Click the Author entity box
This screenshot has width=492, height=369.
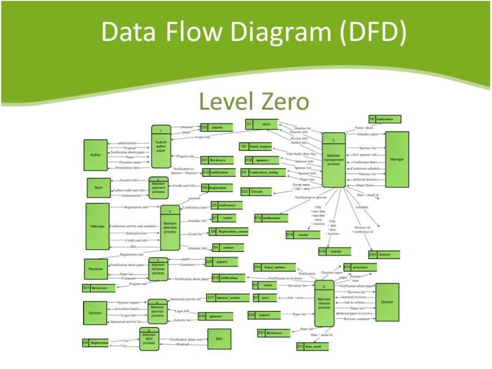pyautogui.click(x=95, y=155)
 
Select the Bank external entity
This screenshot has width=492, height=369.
pyautogui.click(x=98, y=187)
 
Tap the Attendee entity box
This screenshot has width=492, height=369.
pyautogui.click(x=97, y=226)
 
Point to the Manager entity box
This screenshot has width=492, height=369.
pyautogui.click(x=396, y=159)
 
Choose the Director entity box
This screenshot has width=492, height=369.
pyautogui.click(x=387, y=302)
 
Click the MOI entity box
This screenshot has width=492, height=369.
pyautogui.click(x=219, y=339)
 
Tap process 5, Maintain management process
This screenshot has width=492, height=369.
pyautogui.click(x=334, y=160)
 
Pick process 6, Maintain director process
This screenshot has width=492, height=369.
pyautogui.click(x=324, y=303)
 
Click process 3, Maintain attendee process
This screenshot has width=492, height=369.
pyautogui.click(x=170, y=228)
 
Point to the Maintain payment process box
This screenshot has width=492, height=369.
pyautogui.click(x=158, y=188)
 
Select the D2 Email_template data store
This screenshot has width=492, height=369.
pyautogui.click(x=256, y=146)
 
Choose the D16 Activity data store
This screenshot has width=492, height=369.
pyautogui.click(x=335, y=252)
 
